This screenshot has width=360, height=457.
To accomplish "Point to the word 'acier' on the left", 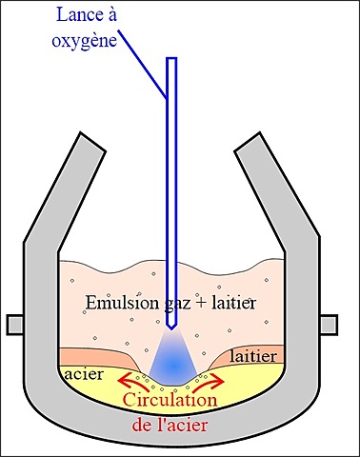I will pyautogui.click(x=85, y=374).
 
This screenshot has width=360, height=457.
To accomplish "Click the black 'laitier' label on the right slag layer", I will pyautogui.click(x=254, y=356).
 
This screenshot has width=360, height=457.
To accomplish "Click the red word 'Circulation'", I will pyautogui.click(x=180, y=402).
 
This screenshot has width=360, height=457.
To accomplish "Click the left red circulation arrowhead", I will pyautogui.click(x=123, y=381).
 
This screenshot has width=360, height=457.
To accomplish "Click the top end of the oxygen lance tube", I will pyautogui.click(x=171, y=61).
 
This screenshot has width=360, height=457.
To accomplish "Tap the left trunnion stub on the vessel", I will pyautogui.click(x=14, y=324).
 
